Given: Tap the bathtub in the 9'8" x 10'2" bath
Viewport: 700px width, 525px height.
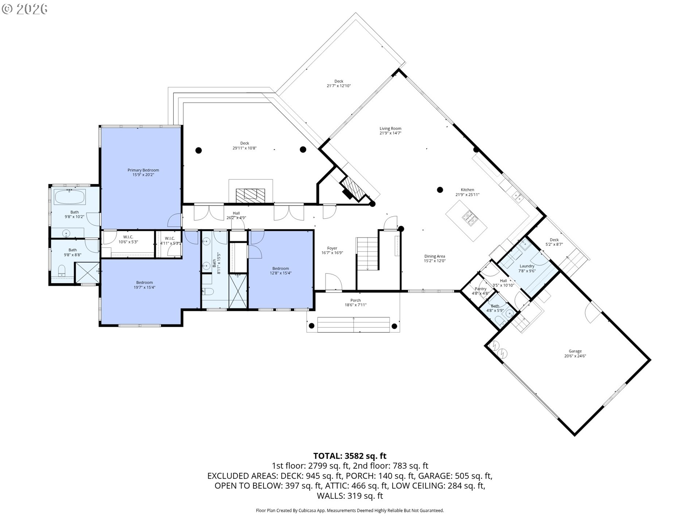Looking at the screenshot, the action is click(70, 197).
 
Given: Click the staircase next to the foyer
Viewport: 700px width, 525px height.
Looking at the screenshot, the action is click(367, 254).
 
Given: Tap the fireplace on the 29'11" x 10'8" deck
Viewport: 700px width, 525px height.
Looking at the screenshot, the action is click(250, 195).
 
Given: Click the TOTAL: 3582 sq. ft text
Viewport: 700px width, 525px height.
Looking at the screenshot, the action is click(350, 456).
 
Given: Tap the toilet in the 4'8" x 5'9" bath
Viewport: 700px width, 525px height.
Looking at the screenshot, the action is click(499, 320).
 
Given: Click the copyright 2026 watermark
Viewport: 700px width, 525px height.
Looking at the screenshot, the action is click(24, 9).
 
